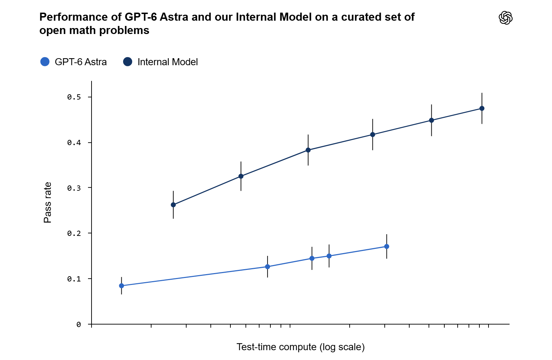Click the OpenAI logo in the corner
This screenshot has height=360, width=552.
pos(505,18)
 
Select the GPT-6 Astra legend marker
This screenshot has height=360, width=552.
pos(45,62)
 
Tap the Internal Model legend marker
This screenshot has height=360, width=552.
pos(128,62)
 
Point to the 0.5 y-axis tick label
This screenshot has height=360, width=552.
pos(74,97)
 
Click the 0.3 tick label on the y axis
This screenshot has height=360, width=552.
pos(74,188)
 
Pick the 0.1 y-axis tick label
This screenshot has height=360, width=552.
pos(74,279)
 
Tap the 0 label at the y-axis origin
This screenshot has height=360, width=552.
pos(79,325)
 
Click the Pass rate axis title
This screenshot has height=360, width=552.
pos(47,202)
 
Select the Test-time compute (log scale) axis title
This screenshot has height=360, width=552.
pos(301,347)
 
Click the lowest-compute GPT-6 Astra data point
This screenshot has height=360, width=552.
pos(121,286)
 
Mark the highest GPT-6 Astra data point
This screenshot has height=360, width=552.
pos(387,246)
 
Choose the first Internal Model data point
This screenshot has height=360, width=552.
pos(173,205)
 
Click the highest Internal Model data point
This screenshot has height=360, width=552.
pos(482,108)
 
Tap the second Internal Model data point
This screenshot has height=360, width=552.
pos(241,176)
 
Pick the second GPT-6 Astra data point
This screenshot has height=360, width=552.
pos(267,267)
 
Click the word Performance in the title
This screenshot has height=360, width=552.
pos(80,17)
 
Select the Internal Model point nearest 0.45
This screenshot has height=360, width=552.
pos(431,121)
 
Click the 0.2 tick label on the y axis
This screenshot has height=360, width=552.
pos(74,233)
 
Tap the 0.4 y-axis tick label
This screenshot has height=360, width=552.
pos(74,143)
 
